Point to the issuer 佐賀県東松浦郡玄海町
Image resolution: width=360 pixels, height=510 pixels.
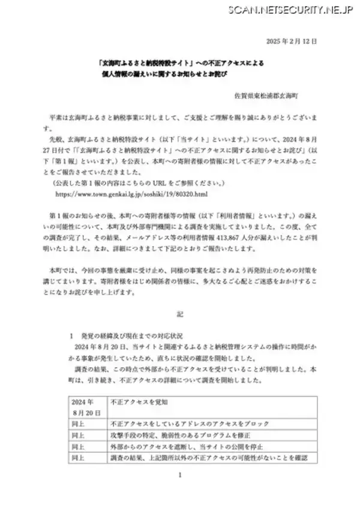tap(270, 95)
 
